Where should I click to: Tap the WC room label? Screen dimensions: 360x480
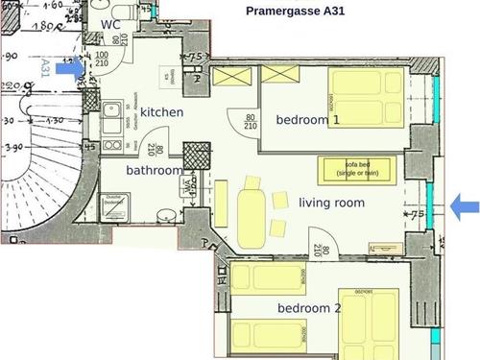click(110, 25)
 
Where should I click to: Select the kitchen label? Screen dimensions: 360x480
click(164, 113)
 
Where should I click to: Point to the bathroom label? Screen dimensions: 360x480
click(154, 171)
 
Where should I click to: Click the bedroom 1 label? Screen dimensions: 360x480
click(308, 120)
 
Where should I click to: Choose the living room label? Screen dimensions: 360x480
click(331, 203)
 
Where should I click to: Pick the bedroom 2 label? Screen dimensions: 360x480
click(310, 308)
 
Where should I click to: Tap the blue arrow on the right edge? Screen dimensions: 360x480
click(465, 204)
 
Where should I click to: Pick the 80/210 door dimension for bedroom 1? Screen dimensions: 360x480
click(250, 119)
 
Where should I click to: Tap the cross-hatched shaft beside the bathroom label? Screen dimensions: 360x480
click(196, 156)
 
